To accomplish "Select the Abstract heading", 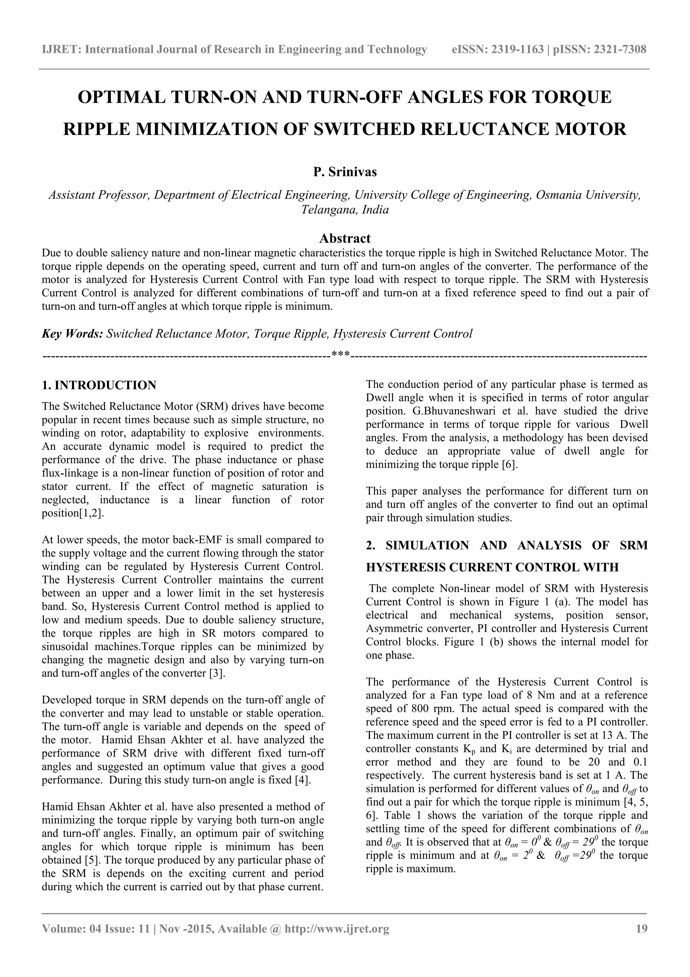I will click(345, 238).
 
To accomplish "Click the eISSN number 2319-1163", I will click(518, 50).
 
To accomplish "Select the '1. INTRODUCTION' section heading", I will click(99, 385).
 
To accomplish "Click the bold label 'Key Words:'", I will click(72, 334).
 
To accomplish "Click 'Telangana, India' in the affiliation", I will click(345, 210).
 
